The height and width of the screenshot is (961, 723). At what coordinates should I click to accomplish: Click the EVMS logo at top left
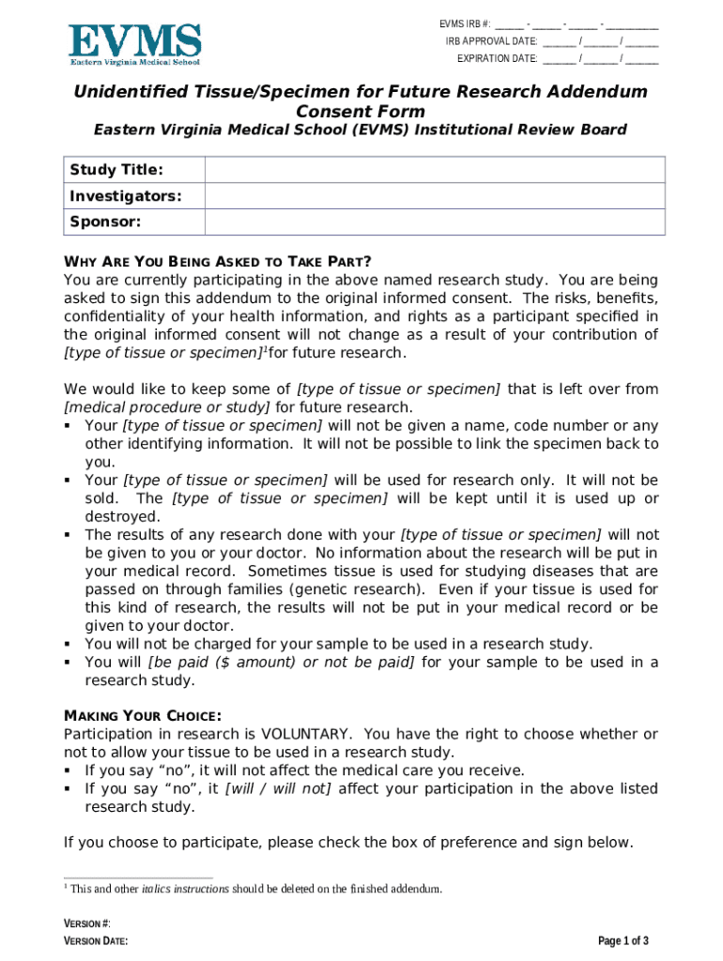tap(135, 44)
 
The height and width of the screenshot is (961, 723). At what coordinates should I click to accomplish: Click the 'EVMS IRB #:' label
tap(465, 24)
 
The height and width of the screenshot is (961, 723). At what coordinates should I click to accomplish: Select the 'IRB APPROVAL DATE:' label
tap(491, 41)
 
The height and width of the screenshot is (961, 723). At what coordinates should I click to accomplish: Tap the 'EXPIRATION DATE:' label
tap(497, 58)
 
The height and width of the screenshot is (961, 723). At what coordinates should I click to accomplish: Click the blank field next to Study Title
tap(435, 170)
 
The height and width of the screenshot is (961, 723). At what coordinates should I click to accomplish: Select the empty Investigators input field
tap(435, 196)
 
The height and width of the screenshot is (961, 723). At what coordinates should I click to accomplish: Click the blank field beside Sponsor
tap(435, 222)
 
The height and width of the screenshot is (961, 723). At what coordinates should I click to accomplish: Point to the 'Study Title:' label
tap(116, 170)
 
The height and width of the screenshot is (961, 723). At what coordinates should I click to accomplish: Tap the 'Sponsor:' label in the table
tap(105, 222)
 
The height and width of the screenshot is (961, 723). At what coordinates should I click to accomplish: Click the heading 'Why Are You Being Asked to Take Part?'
tap(217, 262)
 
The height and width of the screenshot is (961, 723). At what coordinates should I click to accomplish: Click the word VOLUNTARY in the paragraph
tap(308, 734)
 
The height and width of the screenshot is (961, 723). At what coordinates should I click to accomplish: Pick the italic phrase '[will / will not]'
tap(278, 788)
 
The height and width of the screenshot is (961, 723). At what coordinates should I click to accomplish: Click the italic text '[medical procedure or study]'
tap(167, 407)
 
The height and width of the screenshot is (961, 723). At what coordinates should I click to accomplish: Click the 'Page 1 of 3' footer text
tap(623, 941)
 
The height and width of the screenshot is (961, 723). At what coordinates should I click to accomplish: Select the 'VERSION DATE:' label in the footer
tap(96, 941)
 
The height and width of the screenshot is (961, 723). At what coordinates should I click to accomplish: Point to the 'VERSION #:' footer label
tap(86, 923)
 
